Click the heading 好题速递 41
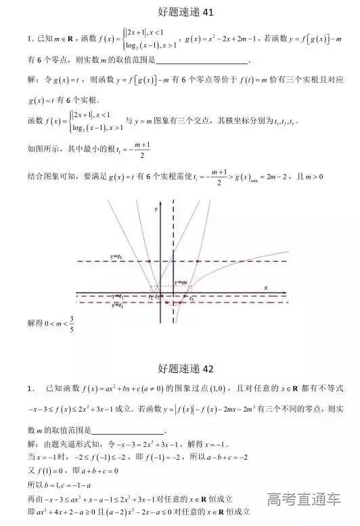coord(179,12)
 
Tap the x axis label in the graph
coord(266,288)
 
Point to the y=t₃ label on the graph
coord(116,257)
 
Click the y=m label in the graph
coord(181,282)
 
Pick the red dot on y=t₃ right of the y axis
coord(197,261)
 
